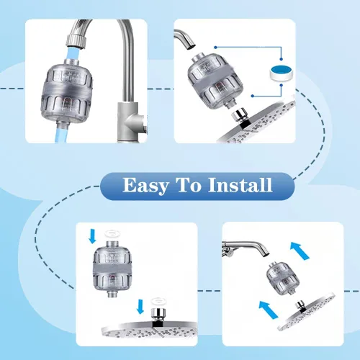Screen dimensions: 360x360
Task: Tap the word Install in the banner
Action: click(240, 185)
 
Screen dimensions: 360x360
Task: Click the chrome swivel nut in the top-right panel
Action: click(240, 115)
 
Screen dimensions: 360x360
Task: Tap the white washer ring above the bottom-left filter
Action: click(113, 233)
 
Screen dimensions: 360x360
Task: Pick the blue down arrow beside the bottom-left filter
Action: click(92, 235)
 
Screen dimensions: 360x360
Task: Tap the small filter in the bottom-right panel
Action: click(283, 278)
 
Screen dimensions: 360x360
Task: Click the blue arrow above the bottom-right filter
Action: click(300, 251)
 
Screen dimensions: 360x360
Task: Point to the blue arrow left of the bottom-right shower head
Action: click(269, 310)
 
